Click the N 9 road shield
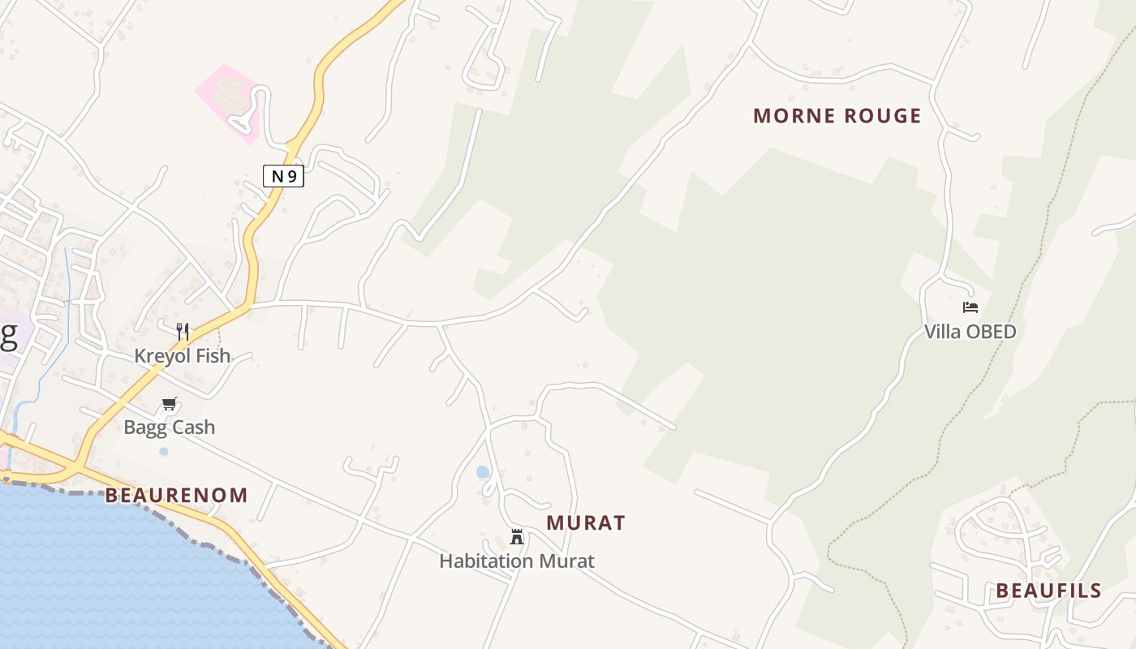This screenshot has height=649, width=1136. [283, 176]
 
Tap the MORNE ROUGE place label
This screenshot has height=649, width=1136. [837, 116]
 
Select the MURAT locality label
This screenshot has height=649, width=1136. [586, 523]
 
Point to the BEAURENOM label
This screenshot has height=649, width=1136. [176, 496]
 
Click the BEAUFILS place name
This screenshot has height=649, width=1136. [1048, 591]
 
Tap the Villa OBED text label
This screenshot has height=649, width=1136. [970, 332]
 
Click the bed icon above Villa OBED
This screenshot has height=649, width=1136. [970, 307]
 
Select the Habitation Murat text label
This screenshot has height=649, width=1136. [517, 561]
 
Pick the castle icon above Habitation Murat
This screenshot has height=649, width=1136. [516, 536]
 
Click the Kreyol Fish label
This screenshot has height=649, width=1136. [183, 356]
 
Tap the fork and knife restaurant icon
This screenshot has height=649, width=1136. [183, 331]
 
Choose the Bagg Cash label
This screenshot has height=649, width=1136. [169, 427]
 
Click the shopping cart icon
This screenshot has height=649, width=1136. [169, 403]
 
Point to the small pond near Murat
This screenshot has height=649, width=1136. [483, 471]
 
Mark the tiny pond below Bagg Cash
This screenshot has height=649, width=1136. [164, 450]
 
